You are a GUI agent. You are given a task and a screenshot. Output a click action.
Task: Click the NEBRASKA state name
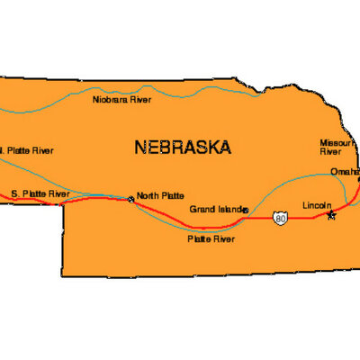click(182, 147)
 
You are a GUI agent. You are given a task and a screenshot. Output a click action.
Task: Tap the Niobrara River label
click(122, 99)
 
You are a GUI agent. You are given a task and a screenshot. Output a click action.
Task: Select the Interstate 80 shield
click(283, 218)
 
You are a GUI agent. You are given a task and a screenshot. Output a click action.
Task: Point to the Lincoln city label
click(318, 205)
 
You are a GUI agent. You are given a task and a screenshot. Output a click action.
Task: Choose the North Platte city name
click(159, 197)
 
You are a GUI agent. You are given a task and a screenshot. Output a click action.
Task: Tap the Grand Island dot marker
click(246, 210)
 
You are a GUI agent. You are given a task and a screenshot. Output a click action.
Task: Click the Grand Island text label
click(216, 209)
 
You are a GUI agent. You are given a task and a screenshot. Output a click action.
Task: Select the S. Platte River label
click(40, 193)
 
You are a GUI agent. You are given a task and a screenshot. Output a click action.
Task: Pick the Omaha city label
click(345, 172)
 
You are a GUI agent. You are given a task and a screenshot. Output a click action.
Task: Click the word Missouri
click(338, 143)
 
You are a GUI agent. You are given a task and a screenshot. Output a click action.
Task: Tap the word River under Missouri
click(331, 153)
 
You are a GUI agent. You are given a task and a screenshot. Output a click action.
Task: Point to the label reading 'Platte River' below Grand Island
click(211, 239)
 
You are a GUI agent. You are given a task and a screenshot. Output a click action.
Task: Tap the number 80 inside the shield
click(283, 219)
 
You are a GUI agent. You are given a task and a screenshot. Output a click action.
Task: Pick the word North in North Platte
click(148, 197)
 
